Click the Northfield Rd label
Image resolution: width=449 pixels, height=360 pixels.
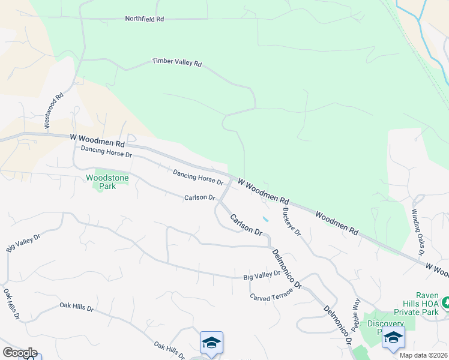[x=144, y=19]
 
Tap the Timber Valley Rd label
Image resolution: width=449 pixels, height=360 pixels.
[x=176, y=62]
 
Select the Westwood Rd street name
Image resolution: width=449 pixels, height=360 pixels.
[x=53, y=110]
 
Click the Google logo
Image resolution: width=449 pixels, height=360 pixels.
[x=20, y=353]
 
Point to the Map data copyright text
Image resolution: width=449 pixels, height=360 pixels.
[x=424, y=355]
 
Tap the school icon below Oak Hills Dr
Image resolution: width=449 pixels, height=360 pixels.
[x=211, y=343]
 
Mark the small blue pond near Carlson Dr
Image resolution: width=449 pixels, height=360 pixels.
[x=265, y=218]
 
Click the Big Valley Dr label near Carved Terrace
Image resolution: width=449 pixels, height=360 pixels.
[x=262, y=275]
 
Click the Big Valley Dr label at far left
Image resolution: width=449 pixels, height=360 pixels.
[x=23, y=242]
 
